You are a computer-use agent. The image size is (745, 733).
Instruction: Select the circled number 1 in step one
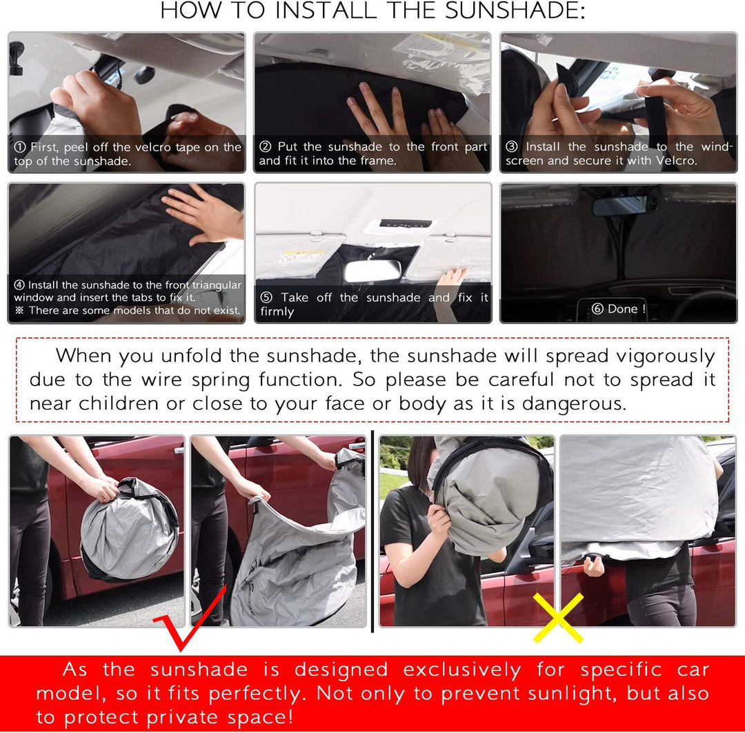click(20, 147)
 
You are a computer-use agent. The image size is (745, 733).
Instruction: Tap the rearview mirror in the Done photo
click(624, 205)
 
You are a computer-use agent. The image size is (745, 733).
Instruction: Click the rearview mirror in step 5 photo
click(372, 270)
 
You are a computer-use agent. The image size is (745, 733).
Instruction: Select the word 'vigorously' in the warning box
click(664, 356)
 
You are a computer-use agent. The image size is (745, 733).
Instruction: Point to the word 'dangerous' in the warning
click(573, 403)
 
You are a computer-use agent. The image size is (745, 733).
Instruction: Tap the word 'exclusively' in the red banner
click(462, 670)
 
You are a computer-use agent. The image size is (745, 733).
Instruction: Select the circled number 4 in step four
click(19, 285)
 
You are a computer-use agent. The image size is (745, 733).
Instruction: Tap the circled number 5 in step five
click(266, 298)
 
